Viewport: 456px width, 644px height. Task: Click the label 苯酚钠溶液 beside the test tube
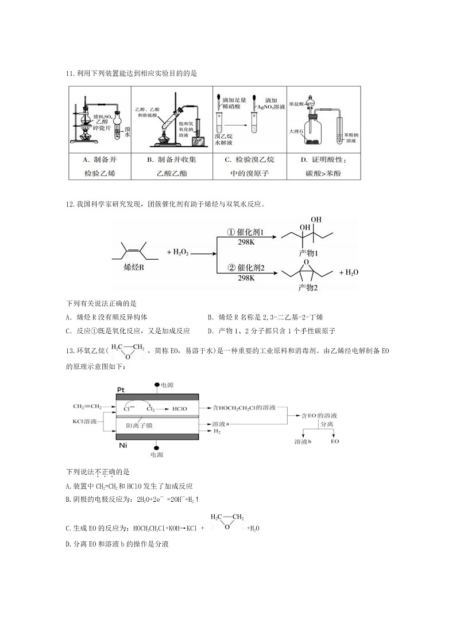click(351, 138)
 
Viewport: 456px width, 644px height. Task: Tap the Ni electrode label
click(122, 445)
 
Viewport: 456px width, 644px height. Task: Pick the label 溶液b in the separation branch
click(303, 442)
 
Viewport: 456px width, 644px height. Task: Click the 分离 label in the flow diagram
click(327, 424)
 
